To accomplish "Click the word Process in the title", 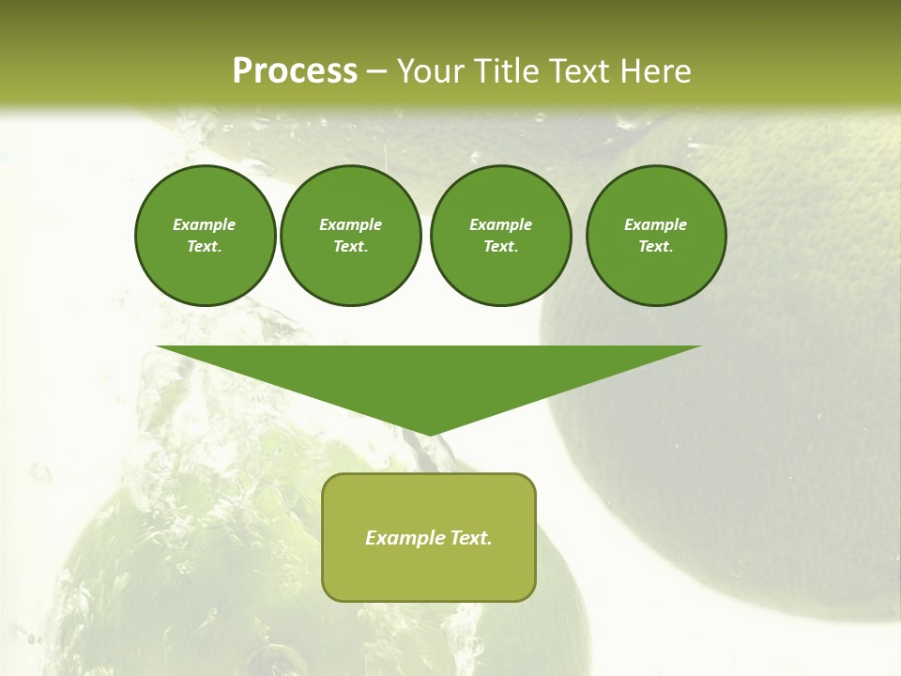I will [295, 70].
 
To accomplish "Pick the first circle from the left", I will [205, 236].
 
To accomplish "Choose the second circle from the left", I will [351, 236].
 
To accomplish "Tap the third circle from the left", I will [501, 236].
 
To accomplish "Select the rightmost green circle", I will [656, 236].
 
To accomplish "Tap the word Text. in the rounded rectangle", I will [470, 538].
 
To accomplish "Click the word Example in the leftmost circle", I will [205, 224].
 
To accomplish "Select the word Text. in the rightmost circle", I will [656, 246].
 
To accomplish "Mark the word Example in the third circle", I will [501, 224].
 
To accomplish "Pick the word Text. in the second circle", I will [351, 246].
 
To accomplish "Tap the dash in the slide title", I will [377, 71].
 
